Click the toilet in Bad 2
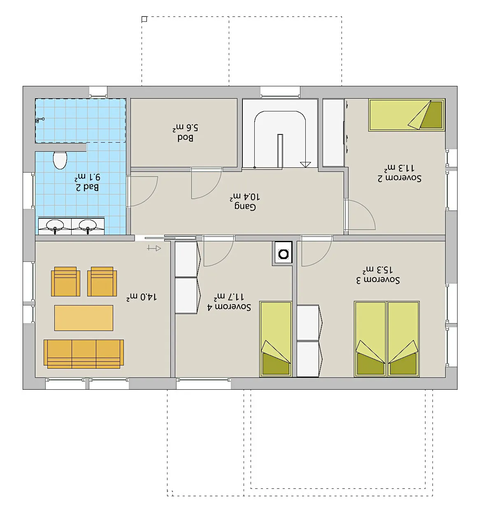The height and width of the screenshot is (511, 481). tap(60, 160)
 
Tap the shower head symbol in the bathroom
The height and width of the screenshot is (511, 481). tap(40, 120)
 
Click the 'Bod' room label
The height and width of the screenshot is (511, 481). tap(185, 138)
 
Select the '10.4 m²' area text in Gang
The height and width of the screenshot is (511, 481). tap(244, 197)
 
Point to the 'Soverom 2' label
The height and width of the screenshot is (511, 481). tap(400, 178)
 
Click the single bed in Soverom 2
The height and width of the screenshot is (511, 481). tap(407, 115)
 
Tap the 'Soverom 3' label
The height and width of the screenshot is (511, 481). tap(378, 280)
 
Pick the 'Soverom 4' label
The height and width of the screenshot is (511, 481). tap(229, 307)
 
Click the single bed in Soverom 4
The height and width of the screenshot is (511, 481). tap(276, 339)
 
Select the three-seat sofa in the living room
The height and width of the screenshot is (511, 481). tap(84, 354)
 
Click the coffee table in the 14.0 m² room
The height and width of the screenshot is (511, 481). tap(84, 318)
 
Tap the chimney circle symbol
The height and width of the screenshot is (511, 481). tap(283, 254)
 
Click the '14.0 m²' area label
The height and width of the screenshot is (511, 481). tap(142, 297)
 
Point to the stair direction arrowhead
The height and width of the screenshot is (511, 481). tap(306, 164)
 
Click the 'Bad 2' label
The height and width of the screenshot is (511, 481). tap(87, 187)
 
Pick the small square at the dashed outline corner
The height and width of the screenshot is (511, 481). tap(144, 19)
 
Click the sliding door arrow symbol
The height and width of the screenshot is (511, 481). tap(154, 248)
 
